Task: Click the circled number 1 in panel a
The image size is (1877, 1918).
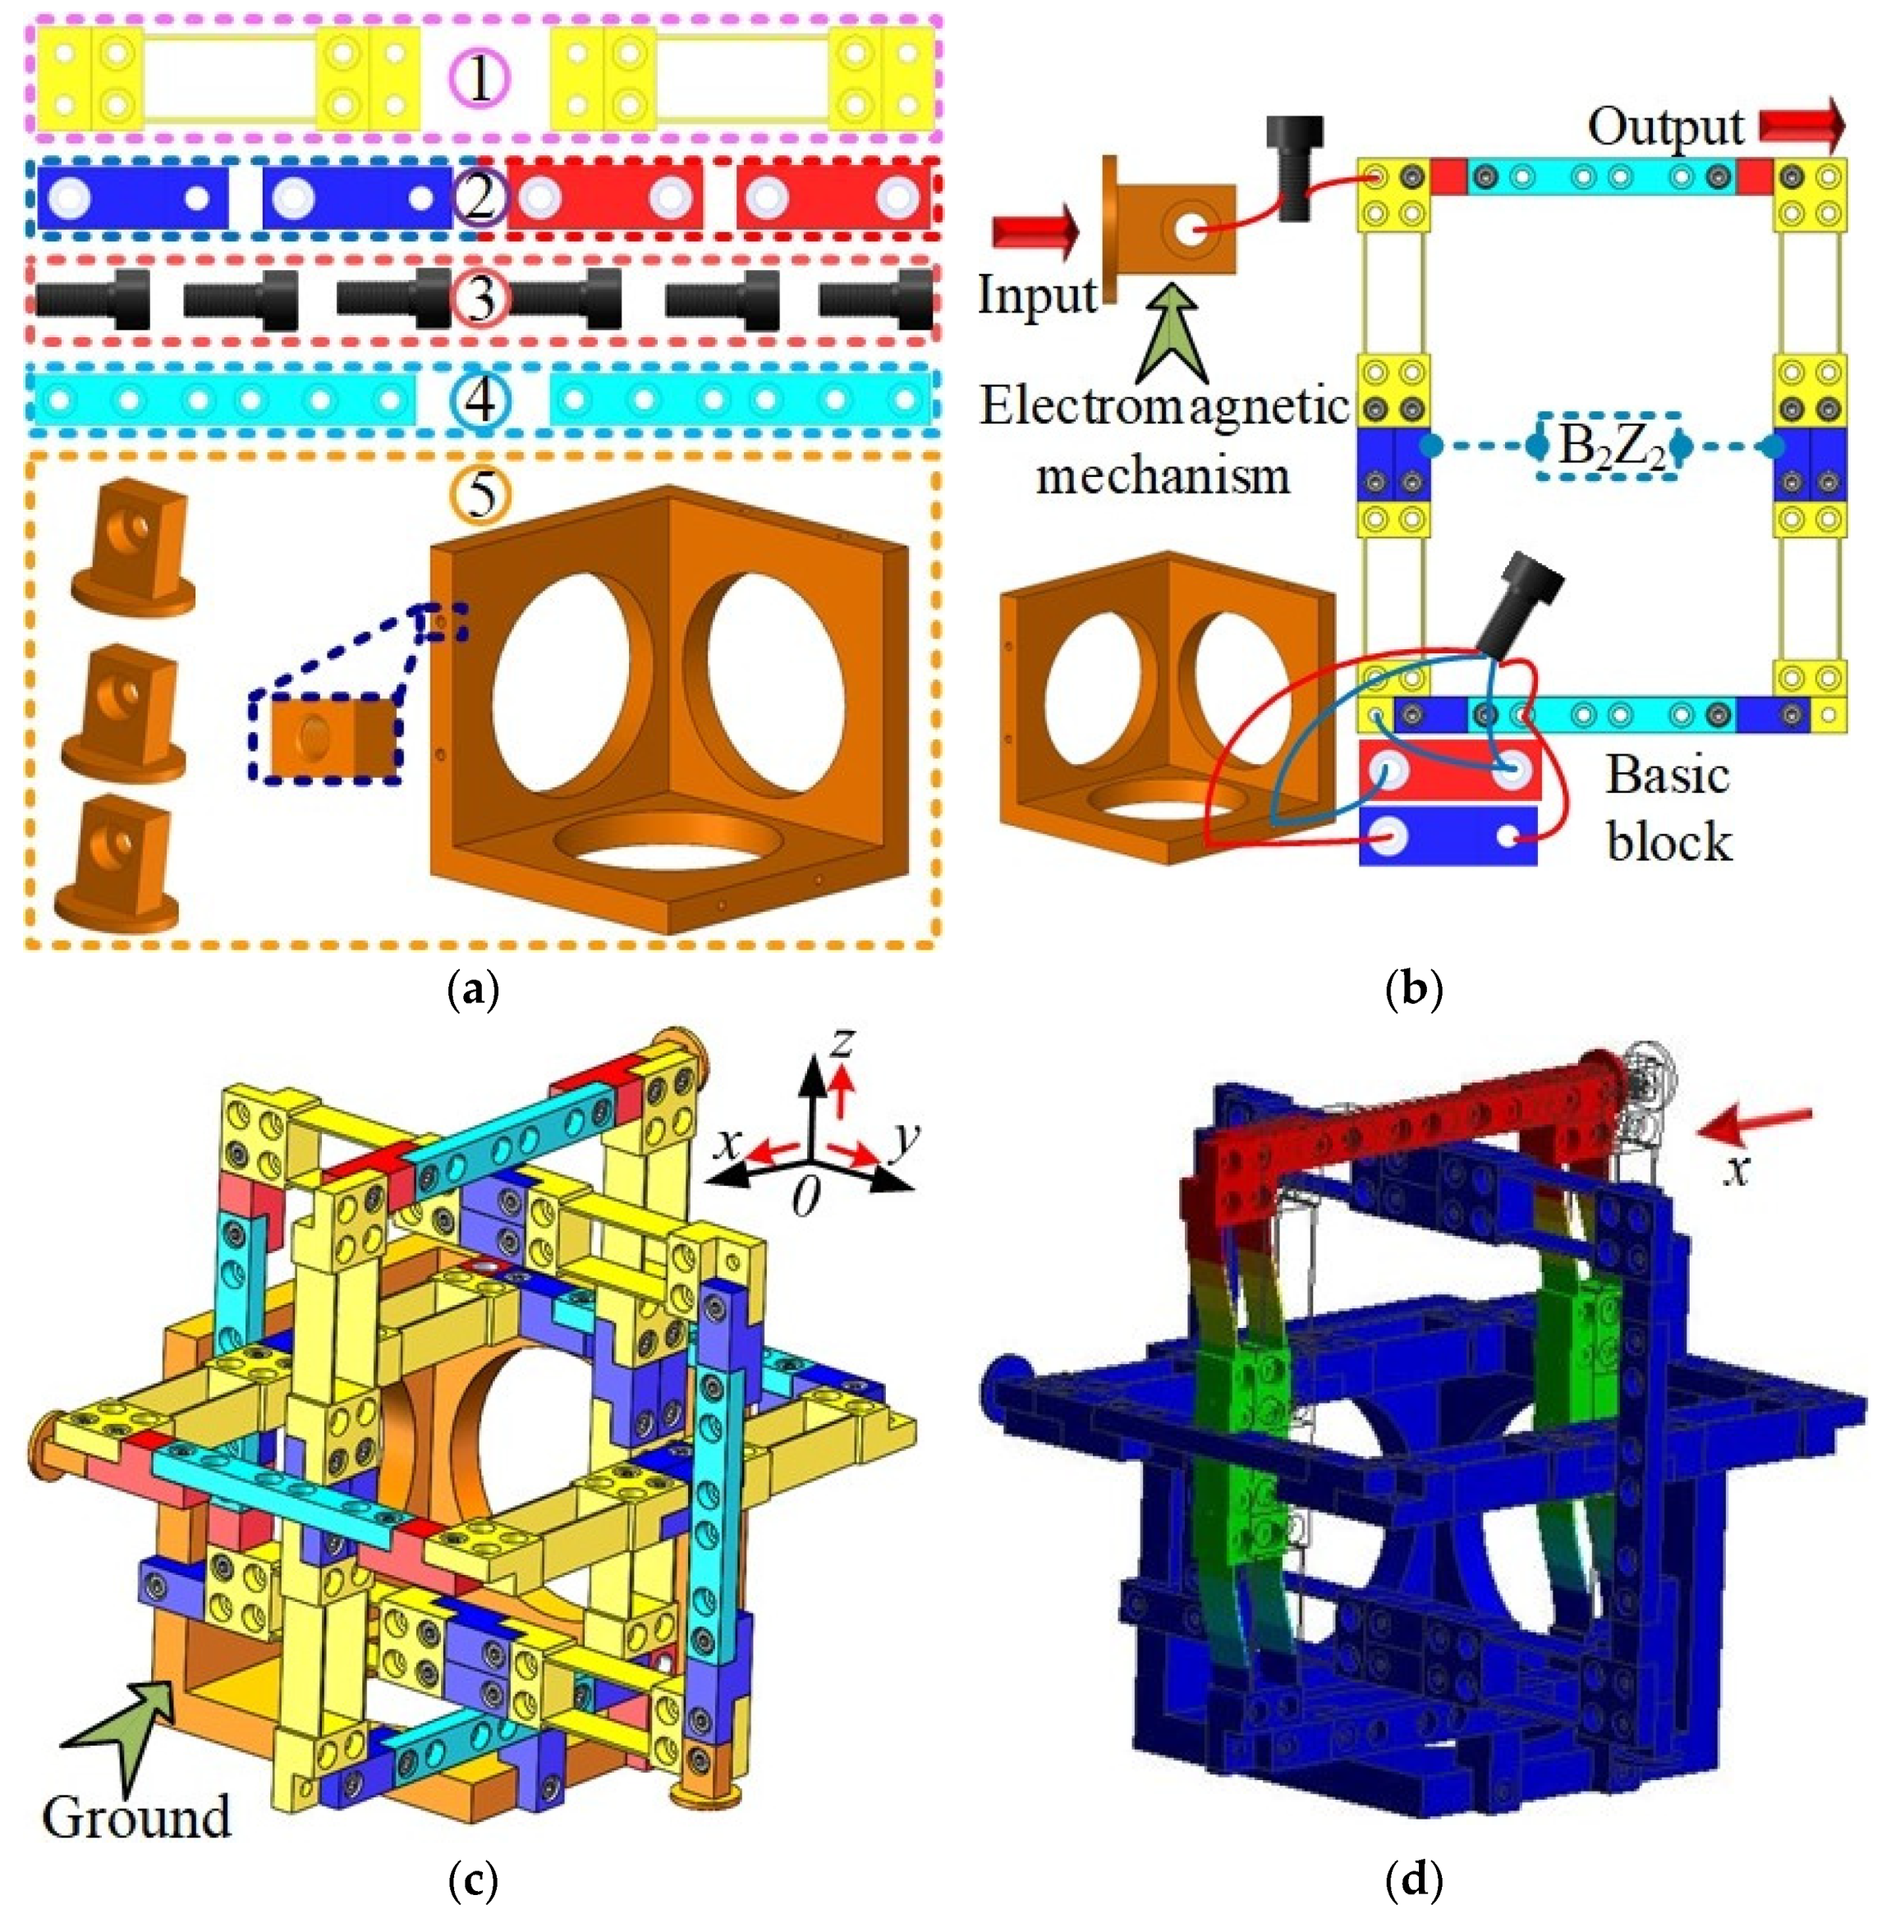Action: coord(480,80)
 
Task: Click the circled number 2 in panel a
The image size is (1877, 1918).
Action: coord(480,196)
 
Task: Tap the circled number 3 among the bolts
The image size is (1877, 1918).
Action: coord(480,298)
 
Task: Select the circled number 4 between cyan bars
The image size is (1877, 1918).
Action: coord(480,401)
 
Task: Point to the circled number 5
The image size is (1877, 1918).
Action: coord(480,494)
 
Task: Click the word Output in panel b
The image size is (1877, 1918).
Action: coord(1665,127)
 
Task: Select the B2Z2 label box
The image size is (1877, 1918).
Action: coord(1609,447)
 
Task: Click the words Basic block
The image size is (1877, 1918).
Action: coord(1668,808)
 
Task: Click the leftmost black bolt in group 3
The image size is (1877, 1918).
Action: coord(93,298)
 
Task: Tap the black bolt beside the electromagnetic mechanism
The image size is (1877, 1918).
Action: coord(1296,167)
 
